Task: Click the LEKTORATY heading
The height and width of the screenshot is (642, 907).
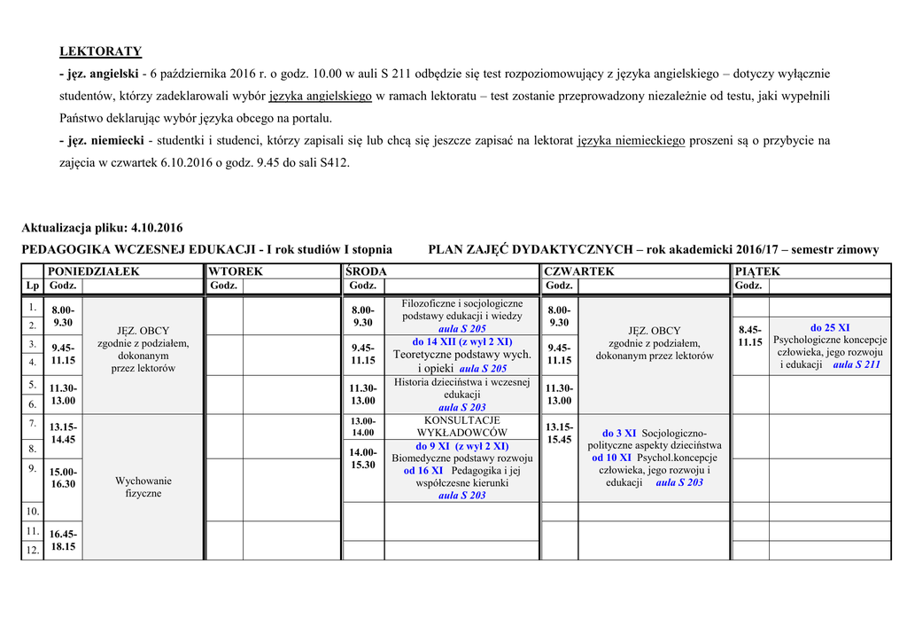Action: pyautogui.click(x=100, y=51)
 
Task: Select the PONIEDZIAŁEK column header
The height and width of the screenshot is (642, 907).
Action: pyautogui.click(x=93, y=271)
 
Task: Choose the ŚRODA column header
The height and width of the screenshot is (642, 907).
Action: pyautogui.click(x=367, y=271)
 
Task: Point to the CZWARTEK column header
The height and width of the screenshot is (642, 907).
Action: pyautogui.click(x=579, y=271)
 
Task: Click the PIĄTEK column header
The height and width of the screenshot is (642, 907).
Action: pyautogui.click(x=757, y=271)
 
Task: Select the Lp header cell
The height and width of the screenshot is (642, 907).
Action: pyautogui.click(x=32, y=286)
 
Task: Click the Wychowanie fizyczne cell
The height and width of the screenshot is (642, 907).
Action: pyautogui.click(x=143, y=487)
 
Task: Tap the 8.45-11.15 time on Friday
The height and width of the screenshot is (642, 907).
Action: pyautogui.click(x=750, y=336)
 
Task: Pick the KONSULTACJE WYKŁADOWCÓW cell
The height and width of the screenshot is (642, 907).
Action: pyautogui.click(x=461, y=427)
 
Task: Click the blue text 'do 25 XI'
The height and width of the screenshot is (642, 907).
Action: pyautogui.click(x=830, y=327)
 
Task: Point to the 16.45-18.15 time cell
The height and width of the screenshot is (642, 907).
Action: pyautogui.click(x=63, y=541)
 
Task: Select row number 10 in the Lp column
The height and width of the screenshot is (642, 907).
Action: pyautogui.click(x=33, y=512)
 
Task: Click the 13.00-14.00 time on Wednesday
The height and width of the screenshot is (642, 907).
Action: pyautogui.click(x=363, y=427)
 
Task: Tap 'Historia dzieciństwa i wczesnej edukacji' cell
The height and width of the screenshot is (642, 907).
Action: pyautogui.click(x=461, y=395)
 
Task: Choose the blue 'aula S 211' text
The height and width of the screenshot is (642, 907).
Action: pyautogui.click(x=857, y=364)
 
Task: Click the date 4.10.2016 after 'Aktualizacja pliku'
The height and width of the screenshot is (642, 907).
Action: pyautogui.click(x=157, y=228)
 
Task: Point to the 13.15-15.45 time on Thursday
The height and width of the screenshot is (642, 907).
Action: pyautogui.click(x=559, y=433)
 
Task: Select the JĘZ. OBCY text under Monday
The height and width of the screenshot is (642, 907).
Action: pyautogui.click(x=143, y=331)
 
